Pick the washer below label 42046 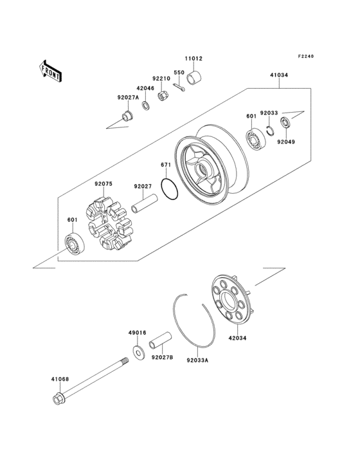[146, 104]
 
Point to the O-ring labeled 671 [170, 190]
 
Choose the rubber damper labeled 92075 [107, 226]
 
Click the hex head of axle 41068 [57, 400]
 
